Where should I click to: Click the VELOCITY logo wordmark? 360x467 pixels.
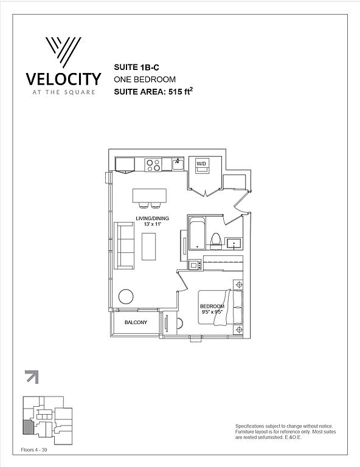tap(63, 79)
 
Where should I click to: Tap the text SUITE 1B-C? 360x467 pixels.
tap(136, 67)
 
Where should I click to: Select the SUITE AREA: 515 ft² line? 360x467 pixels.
tap(153, 91)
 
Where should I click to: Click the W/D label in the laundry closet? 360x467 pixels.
tap(201, 164)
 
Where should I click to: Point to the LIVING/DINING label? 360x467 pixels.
tap(152, 218)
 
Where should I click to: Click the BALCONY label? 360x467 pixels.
tap(136, 322)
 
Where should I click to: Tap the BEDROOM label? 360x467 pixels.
tap(212, 306)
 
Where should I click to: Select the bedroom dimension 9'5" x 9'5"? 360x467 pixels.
tap(212, 312)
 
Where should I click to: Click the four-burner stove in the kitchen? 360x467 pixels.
tap(153, 165)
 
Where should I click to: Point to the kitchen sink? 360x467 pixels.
tap(178, 164)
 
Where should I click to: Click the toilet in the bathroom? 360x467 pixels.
tap(216, 241)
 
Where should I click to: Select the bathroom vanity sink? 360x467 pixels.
tap(234, 243)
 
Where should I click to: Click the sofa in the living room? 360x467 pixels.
tap(124, 246)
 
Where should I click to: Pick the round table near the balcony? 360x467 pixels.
tap(126, 297)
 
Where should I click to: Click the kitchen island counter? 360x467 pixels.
tap(150, 195)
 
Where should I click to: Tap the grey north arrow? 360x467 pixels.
tap(32, 377)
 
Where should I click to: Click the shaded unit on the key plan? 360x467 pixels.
tap(28, 427)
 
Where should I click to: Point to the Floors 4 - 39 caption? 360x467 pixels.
tap(34, 450)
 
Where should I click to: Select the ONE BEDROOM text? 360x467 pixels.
tap(145, 80)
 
